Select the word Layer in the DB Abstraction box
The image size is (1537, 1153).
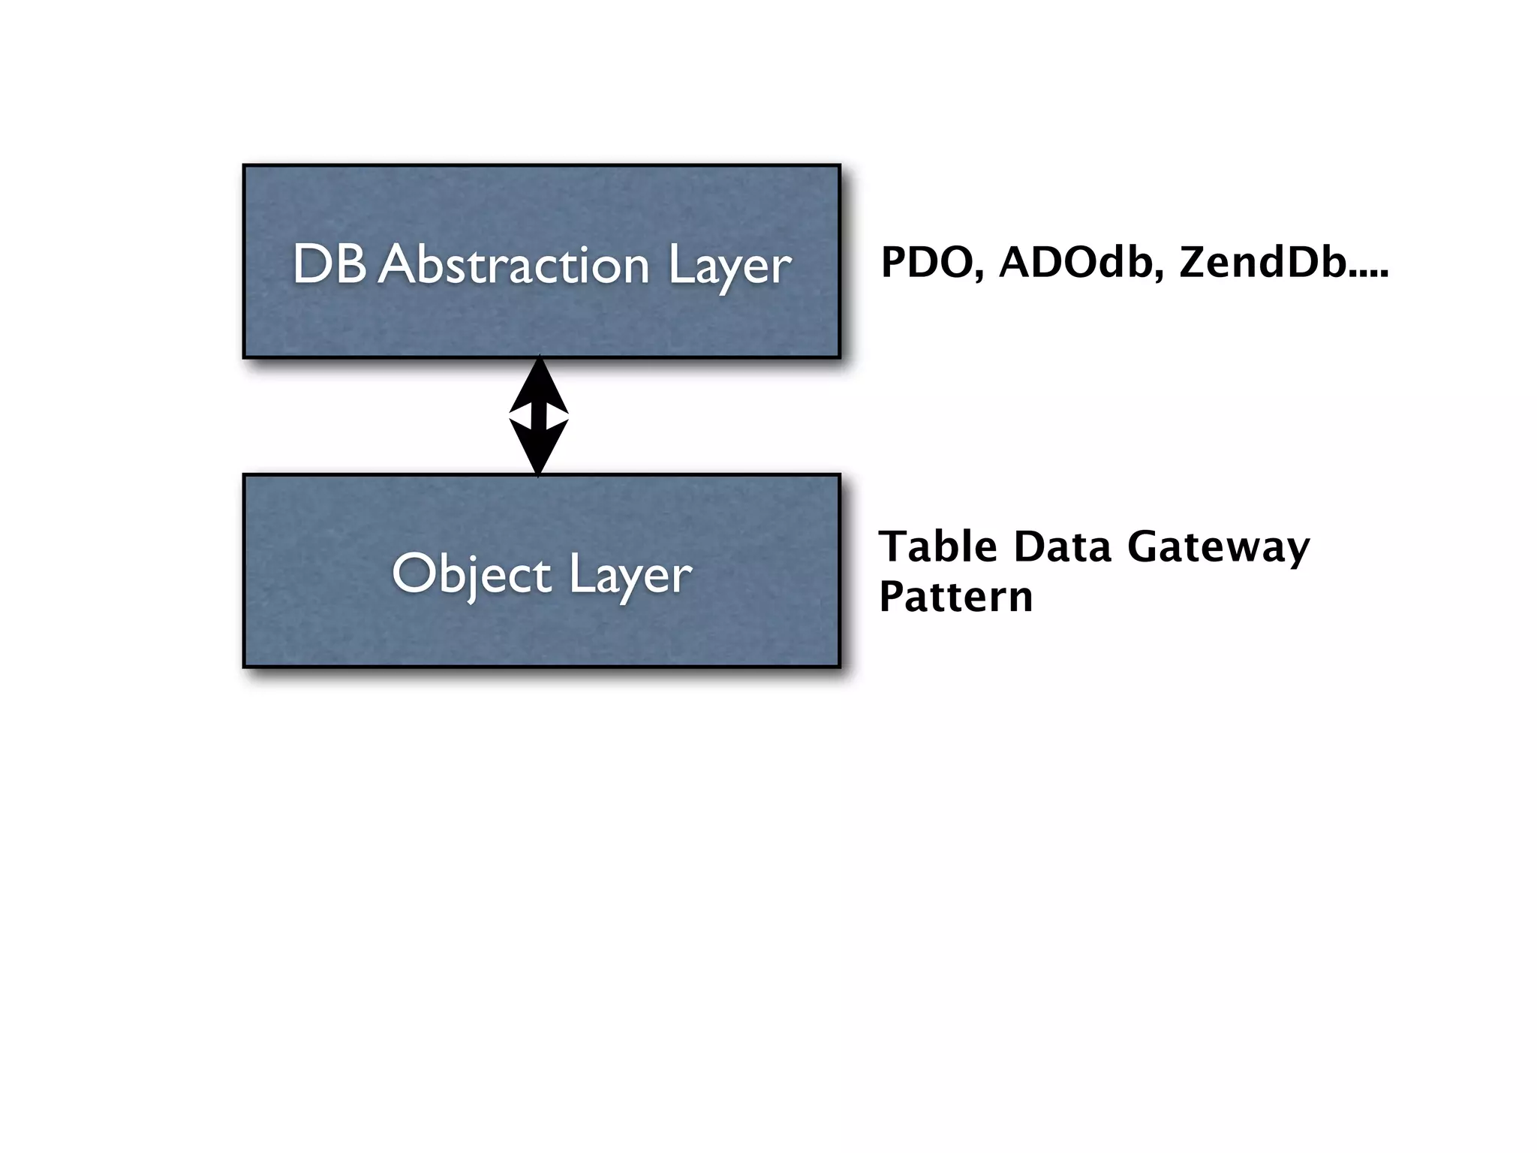tap(729, 266)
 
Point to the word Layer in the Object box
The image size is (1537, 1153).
tap(630, 576)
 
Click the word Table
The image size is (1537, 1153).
tap(938, 546)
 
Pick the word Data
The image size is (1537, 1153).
tap(1062, 546)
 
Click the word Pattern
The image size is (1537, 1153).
tap(955, 597)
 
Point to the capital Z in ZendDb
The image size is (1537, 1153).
tap(1196, 263)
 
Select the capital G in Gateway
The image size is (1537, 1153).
tap(1145, 546)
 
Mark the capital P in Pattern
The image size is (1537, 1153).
tap(893, 597)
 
